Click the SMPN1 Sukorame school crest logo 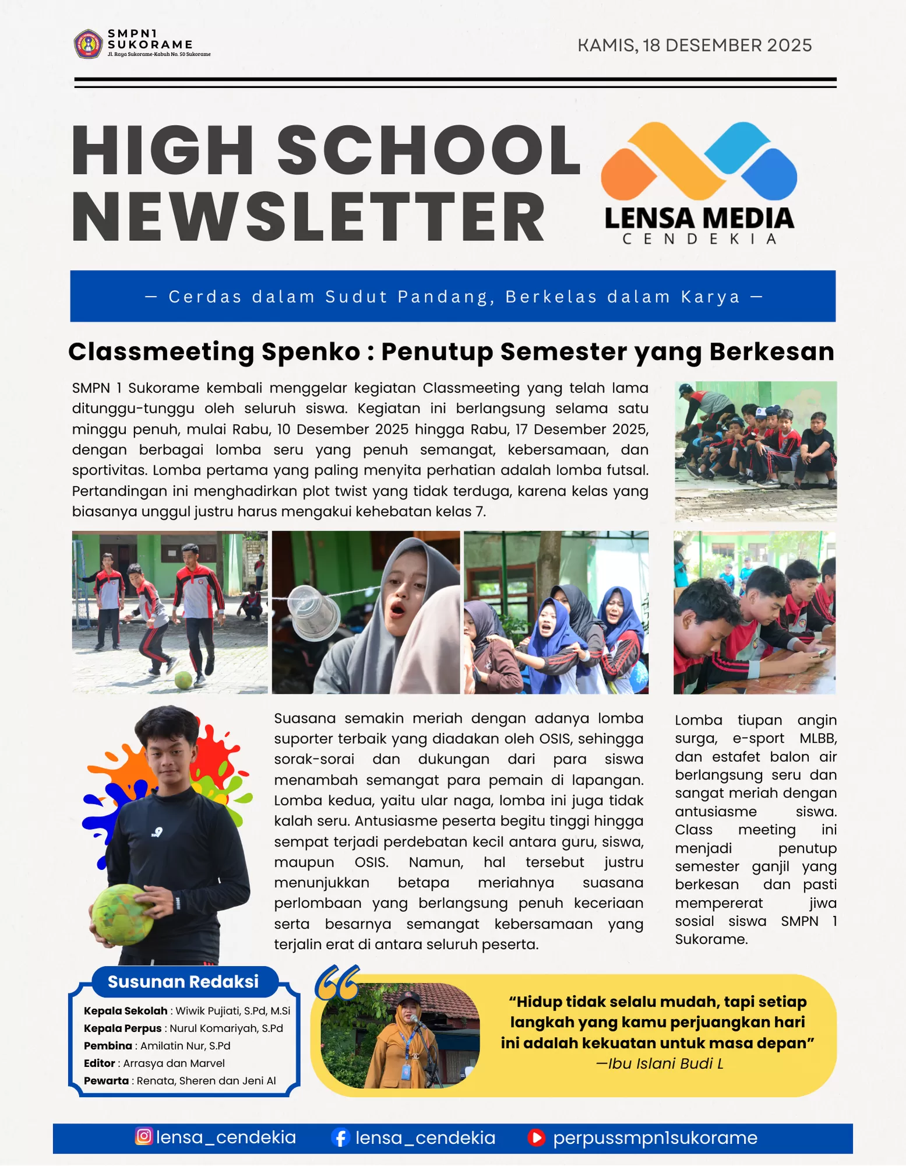(89, 44)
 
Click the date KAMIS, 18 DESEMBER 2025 (694, 45)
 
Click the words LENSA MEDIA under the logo (699, 218)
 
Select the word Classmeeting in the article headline (161, 352)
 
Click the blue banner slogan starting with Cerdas (453, 297)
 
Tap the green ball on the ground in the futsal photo (184, 679)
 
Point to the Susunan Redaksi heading (183, 982)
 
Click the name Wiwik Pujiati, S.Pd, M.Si (232, 1011)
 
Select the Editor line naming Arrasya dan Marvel (154, 1063)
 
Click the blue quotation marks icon (337, 983)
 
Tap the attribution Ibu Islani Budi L (659, 1064)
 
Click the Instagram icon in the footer (143, 1136)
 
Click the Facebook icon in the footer (340, 1137)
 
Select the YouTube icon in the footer (536, 1137)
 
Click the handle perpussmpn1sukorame (655, 1137)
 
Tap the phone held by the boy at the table (822, 653)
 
